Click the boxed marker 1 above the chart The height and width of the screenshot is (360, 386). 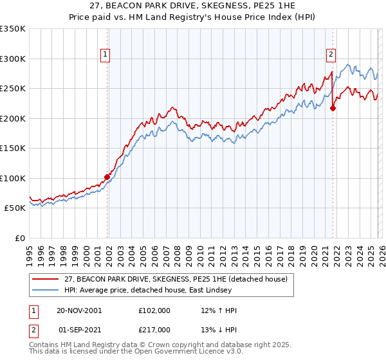pos(104,55)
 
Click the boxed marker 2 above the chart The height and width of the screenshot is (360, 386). pos(331,55)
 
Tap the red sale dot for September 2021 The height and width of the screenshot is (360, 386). pos(333,108)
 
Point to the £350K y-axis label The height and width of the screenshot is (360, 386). pos(13,29)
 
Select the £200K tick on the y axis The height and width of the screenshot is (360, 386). pos(13,118)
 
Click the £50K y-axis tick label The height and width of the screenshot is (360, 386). pos(15,208)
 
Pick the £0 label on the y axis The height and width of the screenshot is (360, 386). pos(21,238)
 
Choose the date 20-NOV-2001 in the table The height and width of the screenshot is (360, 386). pos(79,310)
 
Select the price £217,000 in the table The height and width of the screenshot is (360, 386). pos(154,331)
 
